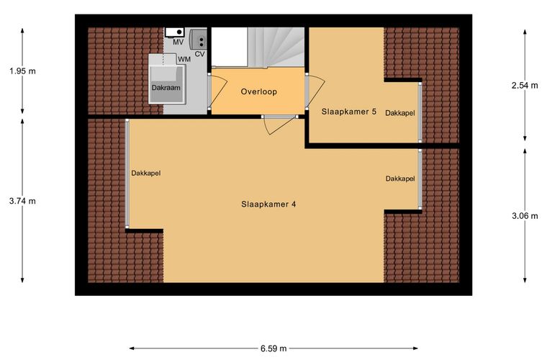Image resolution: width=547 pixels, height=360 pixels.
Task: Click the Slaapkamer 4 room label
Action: [x=268, y=204]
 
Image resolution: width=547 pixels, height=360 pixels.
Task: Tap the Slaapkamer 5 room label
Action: [x=349, y=112]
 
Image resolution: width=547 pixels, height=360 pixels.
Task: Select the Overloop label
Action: [x=259, y=91]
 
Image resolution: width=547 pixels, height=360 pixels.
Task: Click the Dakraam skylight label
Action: [x=166, y=88]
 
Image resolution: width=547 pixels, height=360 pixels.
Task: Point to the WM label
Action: [x=184, y=59]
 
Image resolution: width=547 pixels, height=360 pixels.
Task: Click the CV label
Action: [x=199, y=54]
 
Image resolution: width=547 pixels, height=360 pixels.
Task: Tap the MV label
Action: [x=178, y=42]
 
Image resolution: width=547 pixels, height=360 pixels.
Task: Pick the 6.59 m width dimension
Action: [x=273, y=348]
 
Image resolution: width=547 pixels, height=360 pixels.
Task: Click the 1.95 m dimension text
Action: [x=22, y=71]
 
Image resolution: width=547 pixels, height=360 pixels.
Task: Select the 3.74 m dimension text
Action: [x=22, y=201]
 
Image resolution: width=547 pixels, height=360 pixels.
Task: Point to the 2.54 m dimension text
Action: [x=525, y=85]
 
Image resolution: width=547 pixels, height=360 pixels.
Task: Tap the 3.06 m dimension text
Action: [x=525, y=216]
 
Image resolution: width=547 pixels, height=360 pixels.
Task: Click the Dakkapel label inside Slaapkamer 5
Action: [x=400, y=113]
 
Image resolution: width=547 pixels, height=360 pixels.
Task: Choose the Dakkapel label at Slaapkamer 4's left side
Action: [x=146, y=173]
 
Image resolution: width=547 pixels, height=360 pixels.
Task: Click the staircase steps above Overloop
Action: [x=276, y=47]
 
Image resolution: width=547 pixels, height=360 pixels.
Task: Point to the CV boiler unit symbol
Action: [x=198, y=39]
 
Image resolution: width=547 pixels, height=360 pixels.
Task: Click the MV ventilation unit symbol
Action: [x=174, y=32]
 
